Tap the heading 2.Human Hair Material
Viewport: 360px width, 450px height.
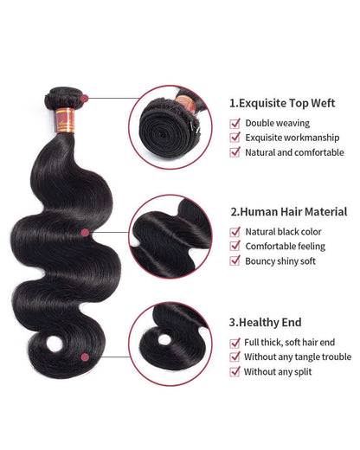(289, 211)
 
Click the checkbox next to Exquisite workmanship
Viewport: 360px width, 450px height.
(235, 137)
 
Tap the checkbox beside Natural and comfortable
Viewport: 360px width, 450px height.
(235, 151)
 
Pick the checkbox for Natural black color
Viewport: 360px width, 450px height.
(235, 232)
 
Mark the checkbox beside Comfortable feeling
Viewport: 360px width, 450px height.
(235, 247)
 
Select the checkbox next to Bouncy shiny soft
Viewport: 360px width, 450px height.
(235, 261)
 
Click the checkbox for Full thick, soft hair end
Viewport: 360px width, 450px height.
(235, 342)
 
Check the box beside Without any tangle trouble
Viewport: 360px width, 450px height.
(235, 357)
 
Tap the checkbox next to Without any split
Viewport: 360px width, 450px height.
(235, 371)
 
